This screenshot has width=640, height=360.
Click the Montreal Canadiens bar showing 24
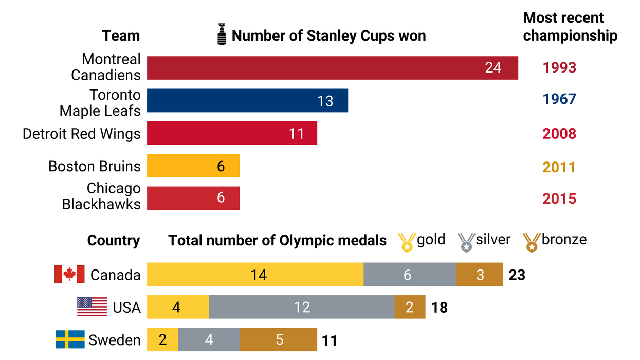332,68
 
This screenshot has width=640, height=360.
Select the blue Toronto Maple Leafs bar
247,101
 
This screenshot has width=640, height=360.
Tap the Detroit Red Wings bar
232,133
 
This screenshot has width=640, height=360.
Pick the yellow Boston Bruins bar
193,166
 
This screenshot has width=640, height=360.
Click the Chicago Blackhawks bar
193,199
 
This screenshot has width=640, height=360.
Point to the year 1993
559,68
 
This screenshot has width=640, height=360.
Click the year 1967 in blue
559,100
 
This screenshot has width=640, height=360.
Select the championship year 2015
559,199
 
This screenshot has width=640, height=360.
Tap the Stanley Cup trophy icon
221,34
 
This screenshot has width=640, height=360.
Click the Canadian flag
69,275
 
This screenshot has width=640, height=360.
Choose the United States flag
92,307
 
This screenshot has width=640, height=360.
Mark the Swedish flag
70,340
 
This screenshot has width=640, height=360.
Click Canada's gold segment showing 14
255,275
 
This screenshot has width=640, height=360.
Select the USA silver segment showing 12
302,307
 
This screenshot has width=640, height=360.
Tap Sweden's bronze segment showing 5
278,340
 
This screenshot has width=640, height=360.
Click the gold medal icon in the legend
407,242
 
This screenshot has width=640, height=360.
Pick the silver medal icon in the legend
466,242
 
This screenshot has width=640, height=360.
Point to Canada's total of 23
517,275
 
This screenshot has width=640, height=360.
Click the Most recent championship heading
570,27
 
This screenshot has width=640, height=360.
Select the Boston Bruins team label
94,167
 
